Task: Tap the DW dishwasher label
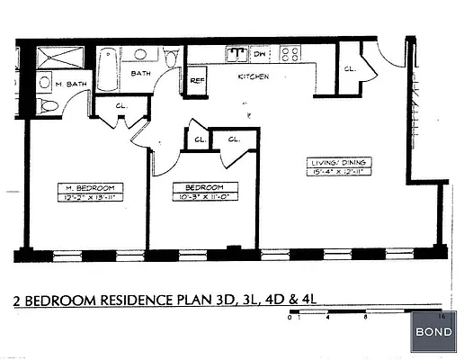[x=260, y=54]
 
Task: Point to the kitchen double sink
[x=236, y=53]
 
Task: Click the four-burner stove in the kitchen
[x=290, y=53]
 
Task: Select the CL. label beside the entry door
[x=350, y=68]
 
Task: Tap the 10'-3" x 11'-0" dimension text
[x=199, y=197]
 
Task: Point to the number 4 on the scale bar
[x=329, y=318]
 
